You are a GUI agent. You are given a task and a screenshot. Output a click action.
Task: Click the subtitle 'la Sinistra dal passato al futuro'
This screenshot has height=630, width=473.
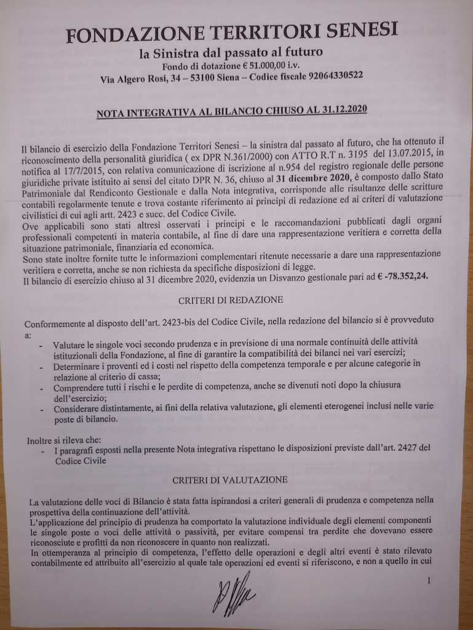point(231,53)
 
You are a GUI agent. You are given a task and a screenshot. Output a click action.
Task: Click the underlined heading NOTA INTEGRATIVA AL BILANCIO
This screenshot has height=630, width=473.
point(231,111)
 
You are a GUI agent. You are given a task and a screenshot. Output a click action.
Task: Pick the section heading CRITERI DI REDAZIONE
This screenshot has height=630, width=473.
point(231,300)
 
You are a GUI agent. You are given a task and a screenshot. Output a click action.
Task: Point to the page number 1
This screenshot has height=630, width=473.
point(428,580)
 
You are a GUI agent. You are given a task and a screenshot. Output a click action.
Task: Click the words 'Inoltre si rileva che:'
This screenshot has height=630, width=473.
point(68,441)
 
